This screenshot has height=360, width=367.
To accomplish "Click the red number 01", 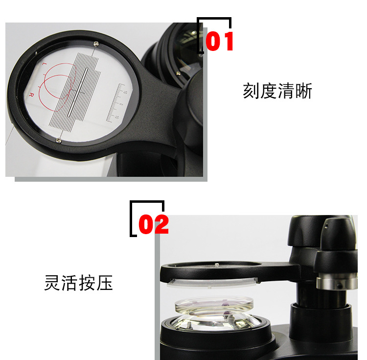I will click(x=220, y=42).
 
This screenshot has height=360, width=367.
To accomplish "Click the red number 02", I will click(x=154, y=225).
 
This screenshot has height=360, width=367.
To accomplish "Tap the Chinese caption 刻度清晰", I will click(x=277, y=91).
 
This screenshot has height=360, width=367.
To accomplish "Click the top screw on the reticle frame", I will click(x=96, y=45).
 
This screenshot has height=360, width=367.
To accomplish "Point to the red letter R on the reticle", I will click(x=32, y=95).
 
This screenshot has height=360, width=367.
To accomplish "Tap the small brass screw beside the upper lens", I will click(x=178, y=73).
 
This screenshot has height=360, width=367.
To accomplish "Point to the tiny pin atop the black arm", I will click(x=216, y=265).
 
